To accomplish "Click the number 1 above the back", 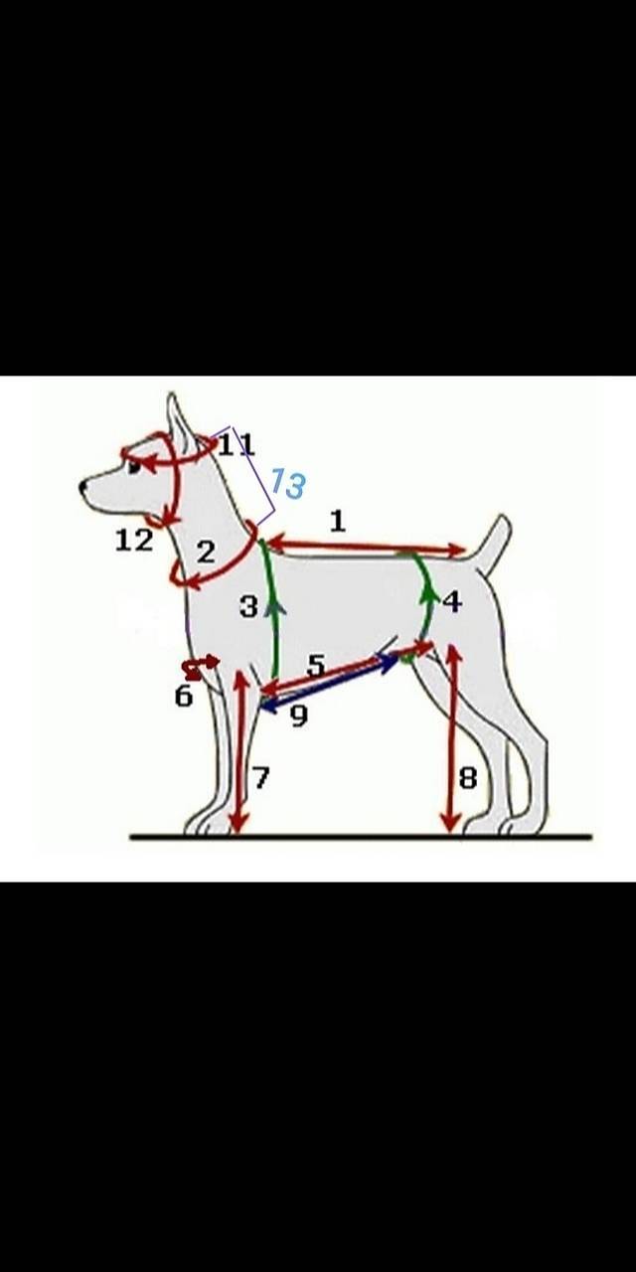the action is pos(338,521).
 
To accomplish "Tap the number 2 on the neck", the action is pos(206,553).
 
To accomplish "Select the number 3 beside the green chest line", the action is pos(248,606).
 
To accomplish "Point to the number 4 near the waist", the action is pos(452,601).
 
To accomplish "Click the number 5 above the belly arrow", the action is pos(316,666).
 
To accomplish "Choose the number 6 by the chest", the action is pos(184,697).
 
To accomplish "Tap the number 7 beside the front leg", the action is pos(260,777).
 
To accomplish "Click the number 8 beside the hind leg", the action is pos(468,778).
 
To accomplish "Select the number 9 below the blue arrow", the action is pos(299,716).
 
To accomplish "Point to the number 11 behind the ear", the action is pos(237,444).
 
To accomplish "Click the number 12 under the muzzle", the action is pos(134,540).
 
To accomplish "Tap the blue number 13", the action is pos(288,483).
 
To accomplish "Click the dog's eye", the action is pos(134,468).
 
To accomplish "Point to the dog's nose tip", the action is pos(82,486).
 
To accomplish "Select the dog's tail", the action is pos(493,543).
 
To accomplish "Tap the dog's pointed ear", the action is pos(178,420).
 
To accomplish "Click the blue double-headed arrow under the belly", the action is pos(329,682).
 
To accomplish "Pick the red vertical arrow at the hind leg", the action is pos(451,737).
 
